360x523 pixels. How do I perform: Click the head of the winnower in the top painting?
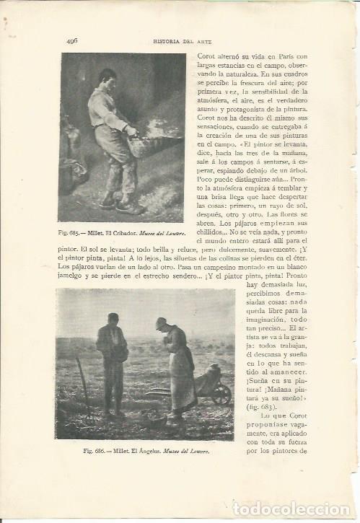click(108, 77)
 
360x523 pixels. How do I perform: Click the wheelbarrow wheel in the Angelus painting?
click(222, 394)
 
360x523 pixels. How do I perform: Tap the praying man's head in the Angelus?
click(113, 319)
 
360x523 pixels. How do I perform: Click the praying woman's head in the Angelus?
click(161, 324)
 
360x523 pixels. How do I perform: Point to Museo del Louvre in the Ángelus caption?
click(188, 450)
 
